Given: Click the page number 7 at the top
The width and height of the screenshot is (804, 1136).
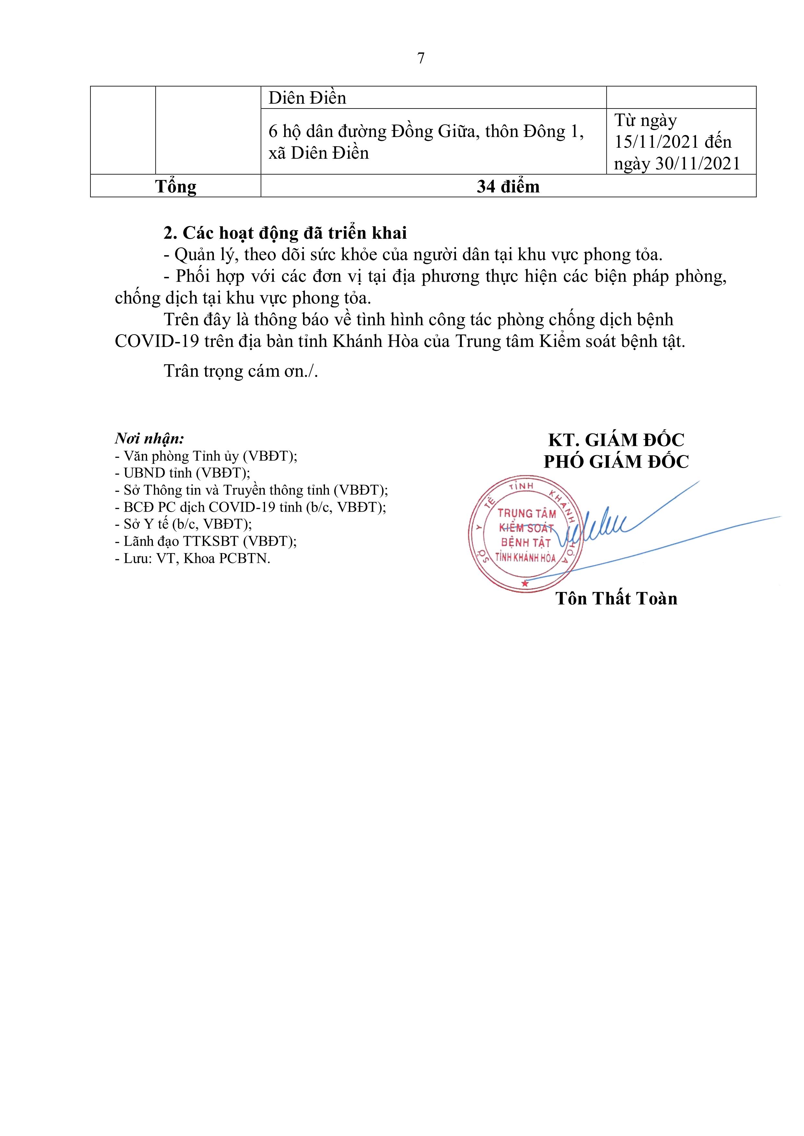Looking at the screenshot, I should click(421, 58).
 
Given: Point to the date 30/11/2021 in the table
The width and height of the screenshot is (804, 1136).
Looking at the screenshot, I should click(698, 164).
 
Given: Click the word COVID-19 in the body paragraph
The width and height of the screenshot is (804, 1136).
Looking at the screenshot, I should click(157, 341).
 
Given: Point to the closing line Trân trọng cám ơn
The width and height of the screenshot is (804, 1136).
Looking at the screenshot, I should click(240, 371).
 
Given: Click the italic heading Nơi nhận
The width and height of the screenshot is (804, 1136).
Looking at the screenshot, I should click(149, 438).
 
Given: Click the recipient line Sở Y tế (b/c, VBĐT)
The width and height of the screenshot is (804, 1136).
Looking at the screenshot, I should click(183, 524).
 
